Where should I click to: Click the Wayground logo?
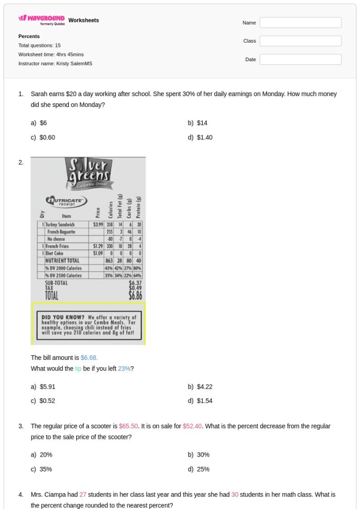click(x=42, y=19)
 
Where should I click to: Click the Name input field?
click(x=300, y=23)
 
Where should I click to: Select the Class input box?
click(x=300, y=41)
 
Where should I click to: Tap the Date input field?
click(x=300, y=60)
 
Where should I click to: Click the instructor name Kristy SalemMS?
click(x=74, y=64)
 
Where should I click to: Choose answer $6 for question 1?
click(x=43, y=123)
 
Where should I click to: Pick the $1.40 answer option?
click(x=204, y=137)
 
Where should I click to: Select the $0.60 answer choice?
click(x=47, y=137)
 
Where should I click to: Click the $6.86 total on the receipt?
click(x=135, y=295)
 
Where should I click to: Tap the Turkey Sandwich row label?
click(x=60, y=225)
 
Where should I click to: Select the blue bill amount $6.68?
click(x=89, y=357)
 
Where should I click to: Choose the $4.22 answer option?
click(x=204, y=387)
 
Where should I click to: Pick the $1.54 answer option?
click(x=204, y=401)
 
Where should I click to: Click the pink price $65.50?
click(x=129, y=426)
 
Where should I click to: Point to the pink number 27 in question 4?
click(x=83, y=495)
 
